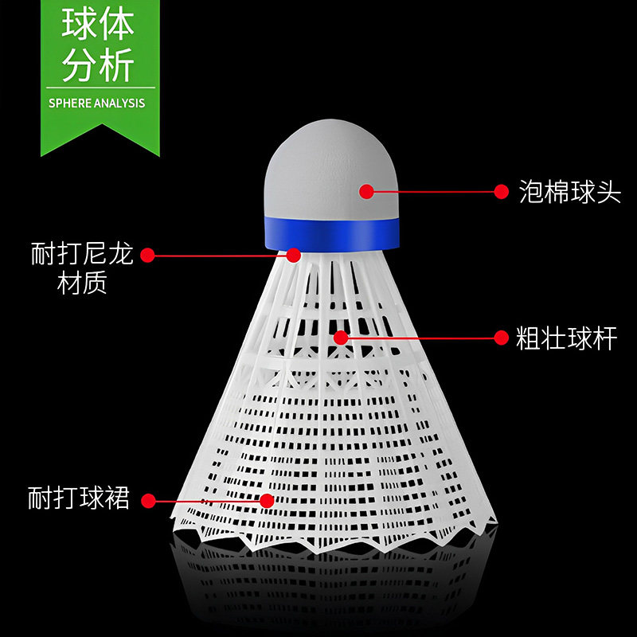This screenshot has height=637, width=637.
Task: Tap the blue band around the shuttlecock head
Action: coord(331,233)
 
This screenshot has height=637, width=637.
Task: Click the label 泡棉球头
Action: coord(569,192)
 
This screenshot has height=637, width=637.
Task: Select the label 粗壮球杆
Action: coord(567,338)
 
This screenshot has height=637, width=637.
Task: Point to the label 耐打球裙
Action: coord(78,500)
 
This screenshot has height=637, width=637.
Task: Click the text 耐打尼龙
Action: coord(81,255)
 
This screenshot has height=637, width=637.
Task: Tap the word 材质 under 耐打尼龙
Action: coord(82,284)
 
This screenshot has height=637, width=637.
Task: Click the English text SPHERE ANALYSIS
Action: coord(96,103)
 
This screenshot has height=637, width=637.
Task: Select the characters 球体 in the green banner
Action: coord(97,26)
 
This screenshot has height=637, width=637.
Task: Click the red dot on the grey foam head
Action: coord(366,191)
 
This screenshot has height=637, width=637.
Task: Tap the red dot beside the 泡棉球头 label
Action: coord(501,191)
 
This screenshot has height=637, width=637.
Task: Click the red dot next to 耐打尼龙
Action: coord(147,255)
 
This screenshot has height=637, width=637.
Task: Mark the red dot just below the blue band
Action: coord(294,255)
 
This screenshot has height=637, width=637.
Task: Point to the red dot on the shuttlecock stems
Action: coord(341,338)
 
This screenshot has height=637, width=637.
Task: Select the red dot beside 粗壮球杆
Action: coord(501,338)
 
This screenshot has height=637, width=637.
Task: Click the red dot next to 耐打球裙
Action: coord(147,501)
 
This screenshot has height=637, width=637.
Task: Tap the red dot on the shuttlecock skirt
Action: coord(267,501)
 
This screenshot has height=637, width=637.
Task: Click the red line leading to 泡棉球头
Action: coord(434,191)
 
